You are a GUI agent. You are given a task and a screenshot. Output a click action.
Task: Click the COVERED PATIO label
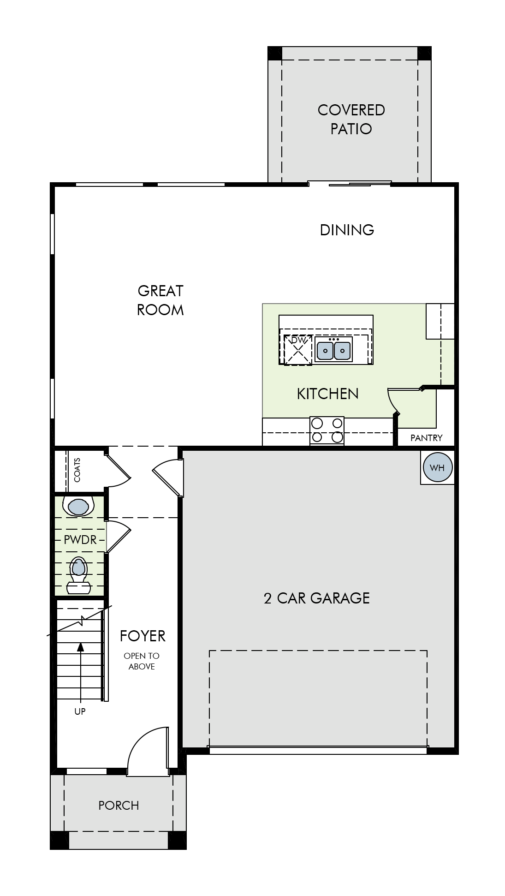click(351, 119)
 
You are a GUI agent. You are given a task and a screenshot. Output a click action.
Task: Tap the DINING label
click(347, 230)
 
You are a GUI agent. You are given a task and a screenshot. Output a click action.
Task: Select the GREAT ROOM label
click(160, 300)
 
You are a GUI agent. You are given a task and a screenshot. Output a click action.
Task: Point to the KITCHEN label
click(327, 394)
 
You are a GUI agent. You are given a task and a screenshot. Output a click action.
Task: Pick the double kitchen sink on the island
click(333, 349)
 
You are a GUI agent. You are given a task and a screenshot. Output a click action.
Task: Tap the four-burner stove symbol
click(327, 430)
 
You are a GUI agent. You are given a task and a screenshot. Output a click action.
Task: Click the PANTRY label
click(427, 438)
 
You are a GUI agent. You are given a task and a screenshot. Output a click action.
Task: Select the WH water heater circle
click(437, 467)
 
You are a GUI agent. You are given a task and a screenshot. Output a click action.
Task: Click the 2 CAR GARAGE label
click(317, 598)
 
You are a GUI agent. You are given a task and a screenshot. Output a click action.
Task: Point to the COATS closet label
click(77, 470)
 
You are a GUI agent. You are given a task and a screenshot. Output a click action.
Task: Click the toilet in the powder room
click(78, 575)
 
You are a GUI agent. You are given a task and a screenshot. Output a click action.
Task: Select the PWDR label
click(80, 540)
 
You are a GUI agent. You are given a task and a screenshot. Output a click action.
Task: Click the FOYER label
click(143, 636)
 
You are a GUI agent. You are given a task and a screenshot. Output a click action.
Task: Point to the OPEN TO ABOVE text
click(142, 661)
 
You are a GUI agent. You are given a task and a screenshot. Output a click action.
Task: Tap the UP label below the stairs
click(80, 711)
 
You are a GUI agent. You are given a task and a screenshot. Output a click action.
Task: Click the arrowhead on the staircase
click(81, 646)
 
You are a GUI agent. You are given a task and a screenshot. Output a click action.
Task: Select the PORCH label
click(119, 805)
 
